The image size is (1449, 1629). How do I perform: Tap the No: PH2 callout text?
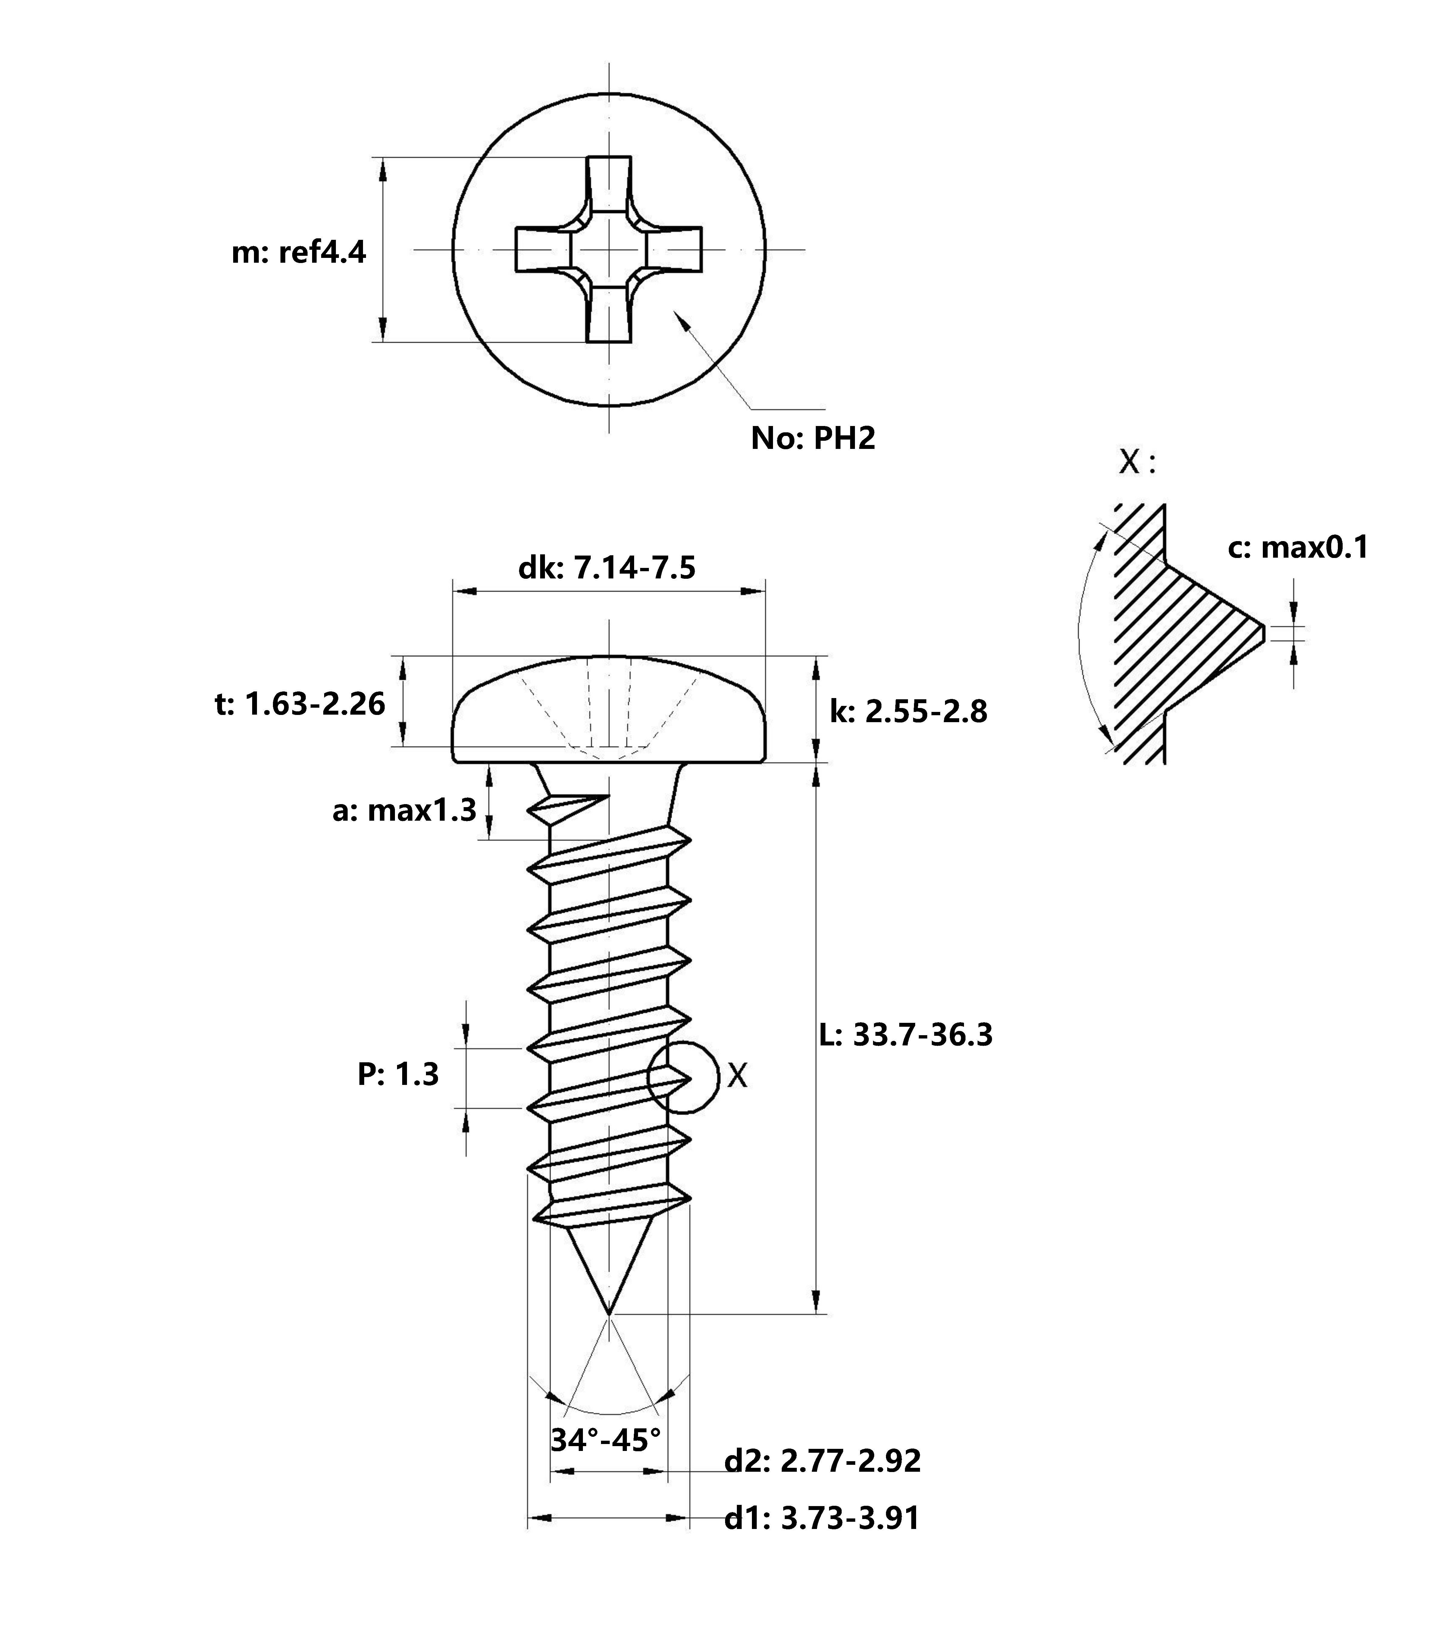click(813, 438)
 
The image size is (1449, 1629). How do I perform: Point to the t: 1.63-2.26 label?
click(300, 704)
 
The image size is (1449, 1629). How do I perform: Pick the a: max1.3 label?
click(404, 810)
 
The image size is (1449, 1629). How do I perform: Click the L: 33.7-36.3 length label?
click(906, 1035)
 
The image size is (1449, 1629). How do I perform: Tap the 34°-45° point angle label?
click(606, 1439)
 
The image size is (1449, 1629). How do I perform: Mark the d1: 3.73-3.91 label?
click(822, 1518)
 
